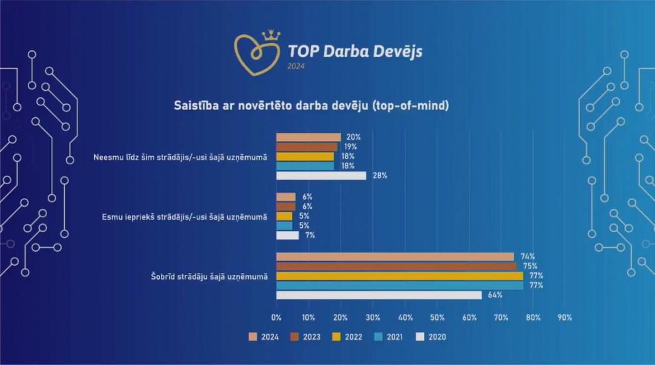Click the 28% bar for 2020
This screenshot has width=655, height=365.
click(x=321, y=176)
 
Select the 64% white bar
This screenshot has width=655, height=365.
click(x=379, y=295)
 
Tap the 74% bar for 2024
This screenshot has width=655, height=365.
click(x=395, y=256)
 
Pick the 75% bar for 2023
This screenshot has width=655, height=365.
click(x=396, y=266)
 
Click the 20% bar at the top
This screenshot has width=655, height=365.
click(x=308, y=137)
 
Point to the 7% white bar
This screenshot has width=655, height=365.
click(x=287, y=235)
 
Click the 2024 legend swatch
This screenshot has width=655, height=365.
click(x=253, y=337)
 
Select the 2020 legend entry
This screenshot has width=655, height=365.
click(x=430, y=337)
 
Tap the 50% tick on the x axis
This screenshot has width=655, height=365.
click(x=437, y=317)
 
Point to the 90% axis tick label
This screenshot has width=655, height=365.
click(x=566, y=317)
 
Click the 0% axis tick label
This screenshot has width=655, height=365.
click(x=276, y=317)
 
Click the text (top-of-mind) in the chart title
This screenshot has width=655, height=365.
click(x=411, y=105)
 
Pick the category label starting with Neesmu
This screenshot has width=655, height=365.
click(x=181, y=157)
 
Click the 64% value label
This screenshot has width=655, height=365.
click(x=495, y=295)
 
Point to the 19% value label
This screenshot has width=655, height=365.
click(x=350, y=147)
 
